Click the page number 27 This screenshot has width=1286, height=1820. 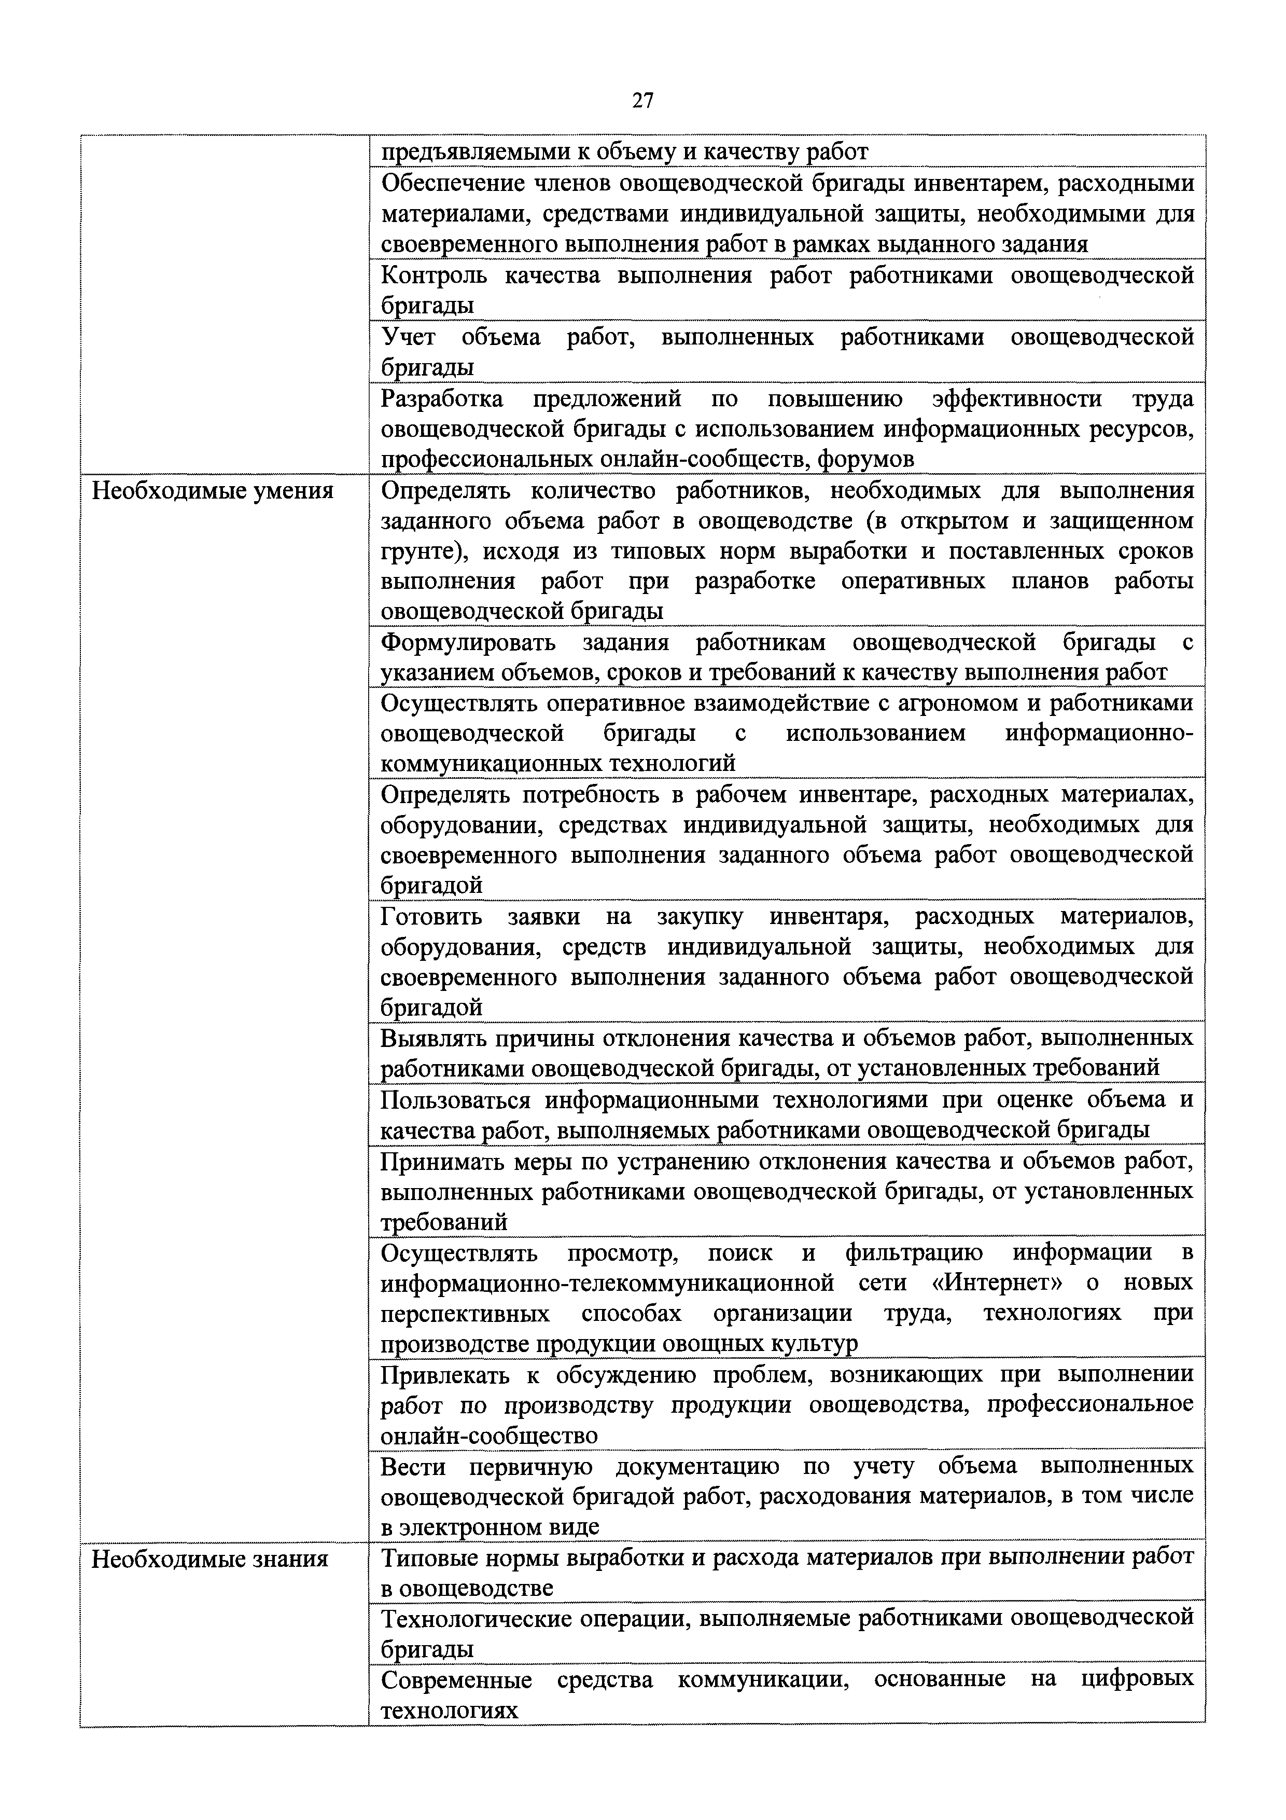coord(642,100)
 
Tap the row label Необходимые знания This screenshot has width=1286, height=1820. coord(210,1559)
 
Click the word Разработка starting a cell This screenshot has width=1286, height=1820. coord(441,399)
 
